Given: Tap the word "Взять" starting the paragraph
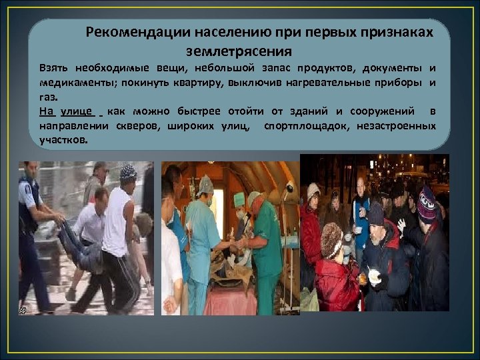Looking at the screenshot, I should tap(54, 69).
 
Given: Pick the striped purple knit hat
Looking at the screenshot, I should tap(427, 203).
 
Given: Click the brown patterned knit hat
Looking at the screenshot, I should tap(331, 239).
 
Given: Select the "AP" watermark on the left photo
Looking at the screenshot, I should tap(23, 310).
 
